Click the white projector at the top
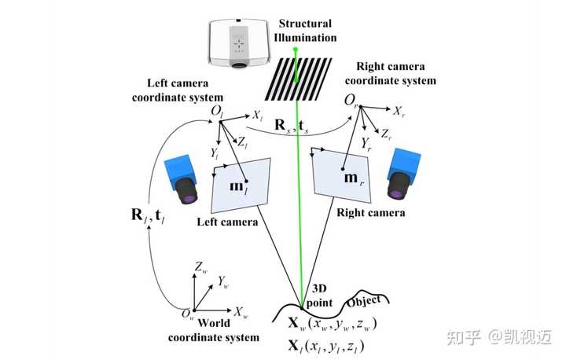(239, 42)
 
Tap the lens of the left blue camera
(187, 190)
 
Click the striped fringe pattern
(299, 79)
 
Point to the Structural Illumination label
(305, 31)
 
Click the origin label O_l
(217, 111)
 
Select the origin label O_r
(351, 100)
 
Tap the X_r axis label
(399, 111)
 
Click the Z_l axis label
(243, 142)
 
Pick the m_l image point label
(239, 186)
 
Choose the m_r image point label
(354, 178)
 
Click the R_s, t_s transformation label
(292, 126)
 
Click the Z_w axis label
(200, 267)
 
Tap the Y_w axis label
(223, 282)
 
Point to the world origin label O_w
(188, 314)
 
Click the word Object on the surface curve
(363, 301)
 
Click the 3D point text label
(319, 296)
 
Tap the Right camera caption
(371, 213)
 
